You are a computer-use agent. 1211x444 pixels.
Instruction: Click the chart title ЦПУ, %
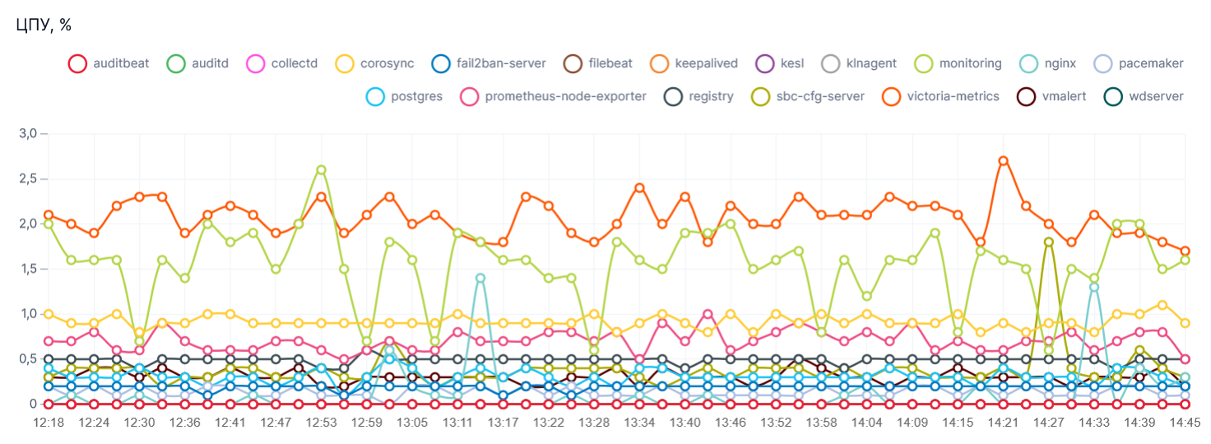pyautogui.click(x=43, y=25)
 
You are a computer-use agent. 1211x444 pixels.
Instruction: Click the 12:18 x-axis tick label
pyautogui.click(x=48, y=422)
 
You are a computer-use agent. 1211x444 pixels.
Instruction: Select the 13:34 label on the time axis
pyautogui.click(x=639, y=422)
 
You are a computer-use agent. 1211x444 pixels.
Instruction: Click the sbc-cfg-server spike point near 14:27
pyautogui.click(x=1048, y=242)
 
